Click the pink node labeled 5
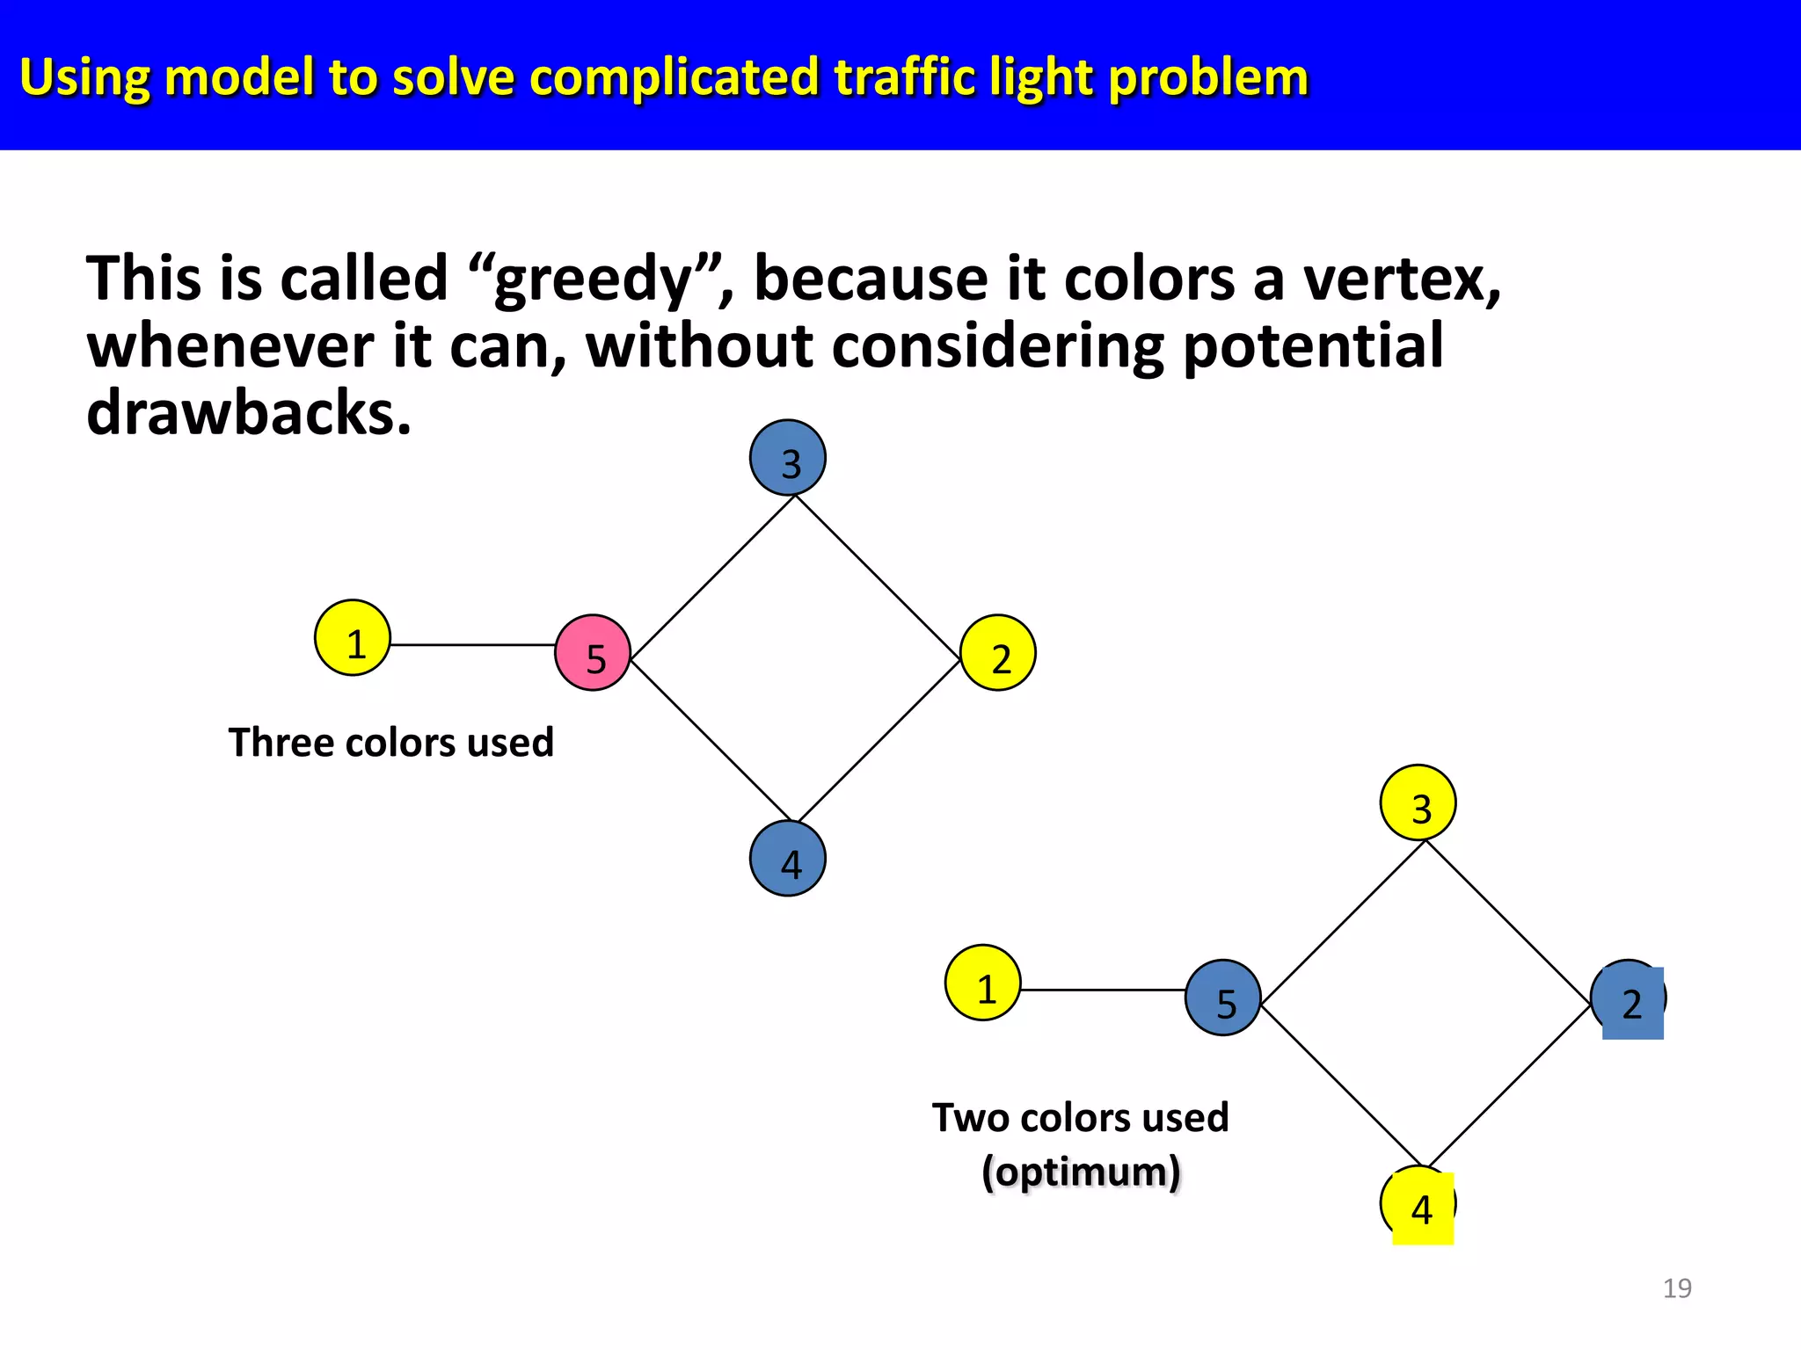coord(593,652)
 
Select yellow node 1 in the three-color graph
coord(353,638)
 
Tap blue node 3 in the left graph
coord(788,458)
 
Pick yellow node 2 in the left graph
coord(998,653)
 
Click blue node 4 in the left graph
coord(788,859)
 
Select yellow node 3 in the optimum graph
coord(1418,802)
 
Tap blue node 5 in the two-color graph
coord(1223,998)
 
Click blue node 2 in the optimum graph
coord(1630,1000)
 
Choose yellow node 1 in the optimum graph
coord(983,983)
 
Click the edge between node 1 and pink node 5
coord(472,645)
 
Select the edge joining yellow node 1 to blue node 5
coord(1103,991)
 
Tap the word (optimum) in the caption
coord(1081,1172)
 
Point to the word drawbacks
coord(248,413)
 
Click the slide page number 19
coord(1677,1288)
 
